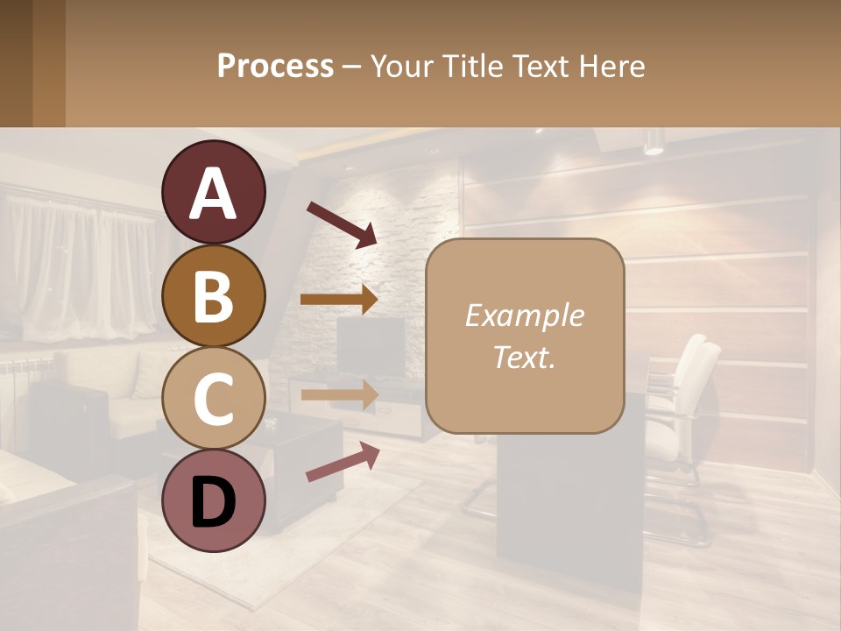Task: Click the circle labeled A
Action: (x=213, y=193)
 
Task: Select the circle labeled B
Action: (x=213, y=295)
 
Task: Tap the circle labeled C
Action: (x=213, y=398)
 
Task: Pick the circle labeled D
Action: (x=213, y=500)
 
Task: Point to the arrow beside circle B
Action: (x=338, y=300)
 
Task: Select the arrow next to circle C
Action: (x=338, y=394)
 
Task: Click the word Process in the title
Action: (x=275, y=66)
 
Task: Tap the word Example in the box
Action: (x=524, y=315)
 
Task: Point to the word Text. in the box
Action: (x=524, y=357)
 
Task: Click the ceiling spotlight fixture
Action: (x=654, y=141)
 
